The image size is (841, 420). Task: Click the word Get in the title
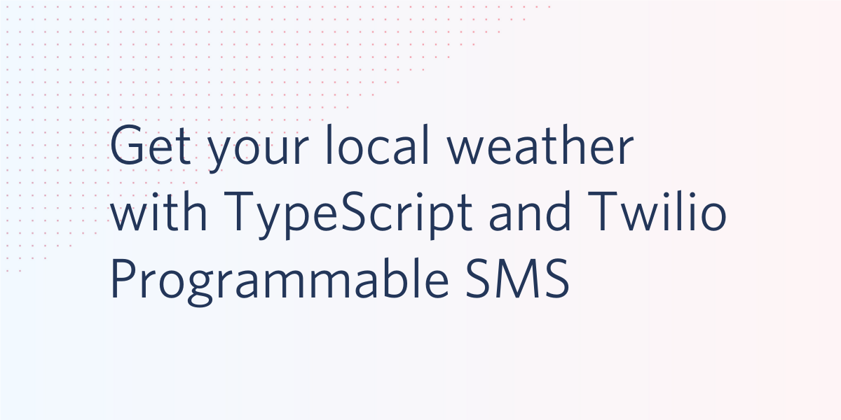pyautogui.click(x=151, y=145)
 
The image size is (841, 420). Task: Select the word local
pyautogui.click(x=378, y=144)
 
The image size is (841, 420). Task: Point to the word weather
pyautogui.click(x=540, y=144)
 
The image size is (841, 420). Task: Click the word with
pyautogui.click(x=158, y=211)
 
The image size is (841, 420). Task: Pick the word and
pyautogui.click(x=530, y=211)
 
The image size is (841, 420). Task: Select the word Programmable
pyautogui.click(x=280, y=282)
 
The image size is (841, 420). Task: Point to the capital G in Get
pyautogui.click(x=127, y=145)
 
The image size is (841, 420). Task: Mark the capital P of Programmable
pyautogui.click(x=125, y=279)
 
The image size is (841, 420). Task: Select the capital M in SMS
pyautogui.click(x=519, y=279)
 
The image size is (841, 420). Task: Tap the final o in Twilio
pyautogui.click(x=713, y=216)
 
